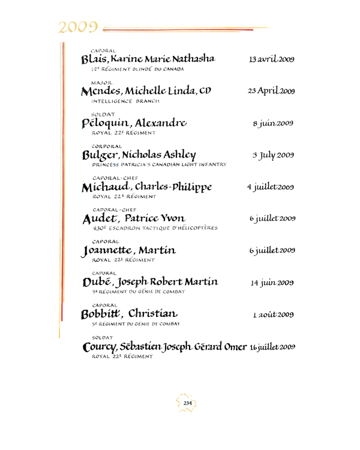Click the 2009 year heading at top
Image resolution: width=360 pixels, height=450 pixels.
(79, 26)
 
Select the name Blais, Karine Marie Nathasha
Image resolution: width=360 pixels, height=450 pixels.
(148, 59)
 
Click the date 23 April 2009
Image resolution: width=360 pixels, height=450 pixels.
(271, 92)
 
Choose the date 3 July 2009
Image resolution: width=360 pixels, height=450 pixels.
(272, 155)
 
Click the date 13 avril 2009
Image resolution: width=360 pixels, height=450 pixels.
(271, 60)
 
